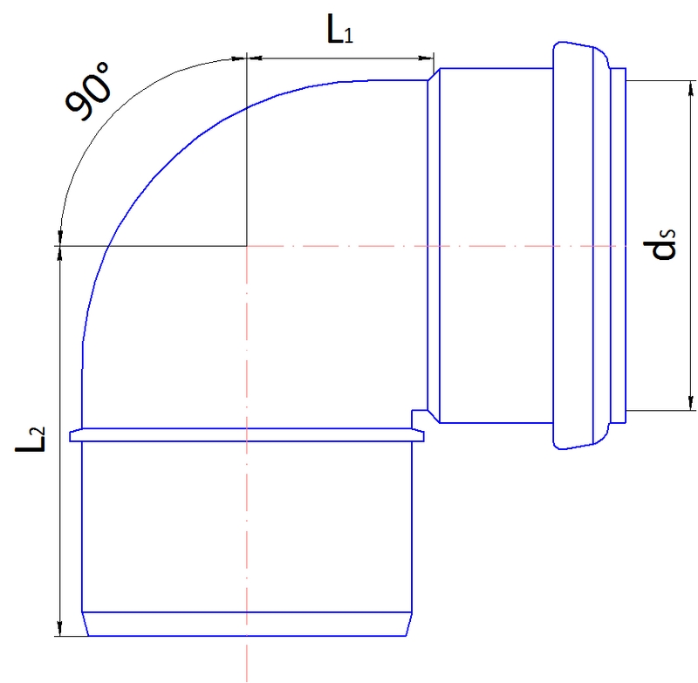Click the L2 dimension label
click(32, 440)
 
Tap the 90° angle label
click(90, 93)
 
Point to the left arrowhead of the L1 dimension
click(254, 58)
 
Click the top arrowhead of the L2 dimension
click(59, 253)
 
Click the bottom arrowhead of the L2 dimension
click(59, 630)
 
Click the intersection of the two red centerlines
click(248, 246)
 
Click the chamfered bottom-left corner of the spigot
click(85, 625)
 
